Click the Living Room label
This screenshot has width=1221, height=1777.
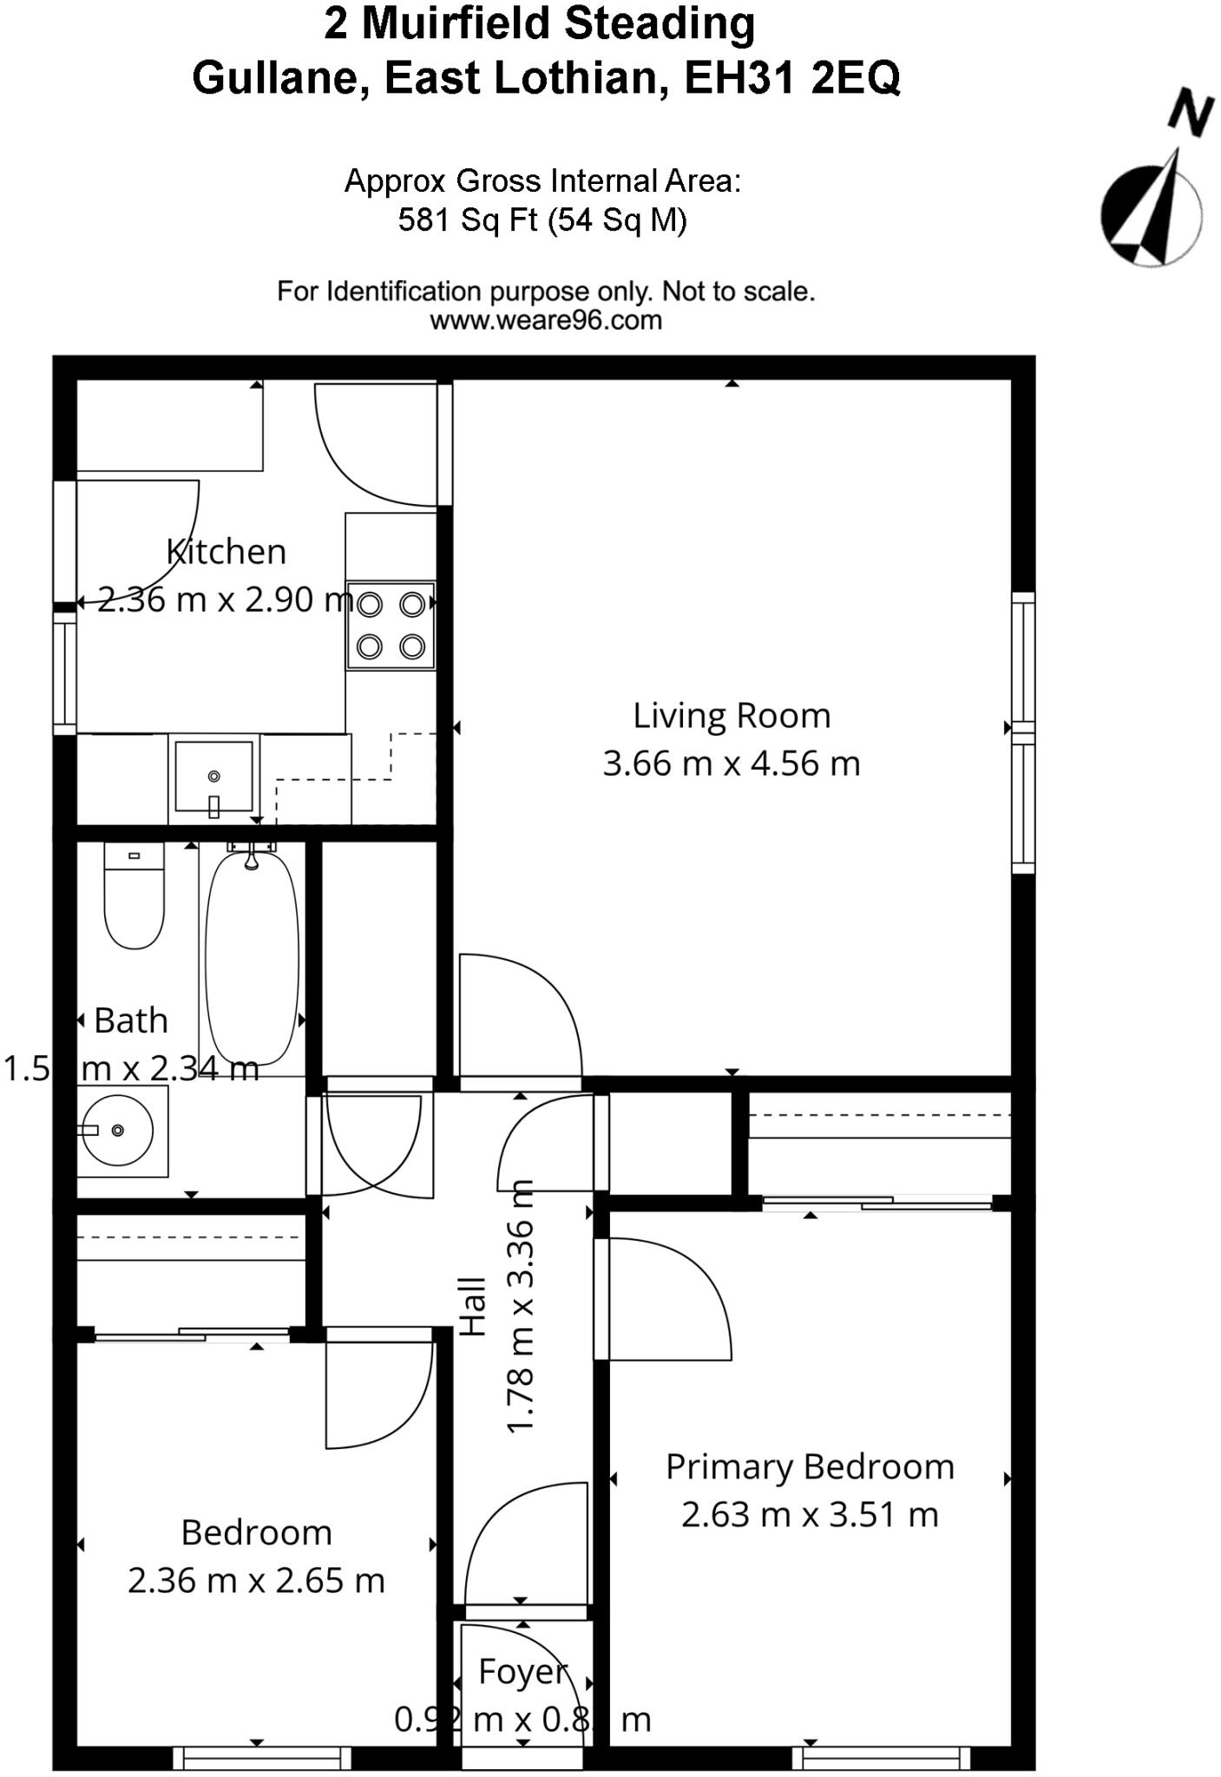(x=732, y=716)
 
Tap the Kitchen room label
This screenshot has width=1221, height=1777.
(x=226, y=552)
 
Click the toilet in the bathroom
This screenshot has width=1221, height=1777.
(x=134, y=898)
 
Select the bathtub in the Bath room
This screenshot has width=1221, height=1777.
(x=252, y=959)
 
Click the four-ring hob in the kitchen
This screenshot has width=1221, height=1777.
(x=391, y=625)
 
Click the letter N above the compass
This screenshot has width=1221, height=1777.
(x=1190, y=111)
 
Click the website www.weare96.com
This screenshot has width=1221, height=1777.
(x=546, y=320)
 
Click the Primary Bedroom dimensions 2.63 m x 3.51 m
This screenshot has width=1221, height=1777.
(x=810, y=1514)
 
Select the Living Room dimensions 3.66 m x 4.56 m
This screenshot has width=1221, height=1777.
(x=732, y=764)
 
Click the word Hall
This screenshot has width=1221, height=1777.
(x=473, y=1305)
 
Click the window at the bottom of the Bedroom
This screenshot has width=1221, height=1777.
(x=262, y=1758)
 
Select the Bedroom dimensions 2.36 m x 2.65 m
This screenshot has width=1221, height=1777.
(x=256, y=1580)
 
